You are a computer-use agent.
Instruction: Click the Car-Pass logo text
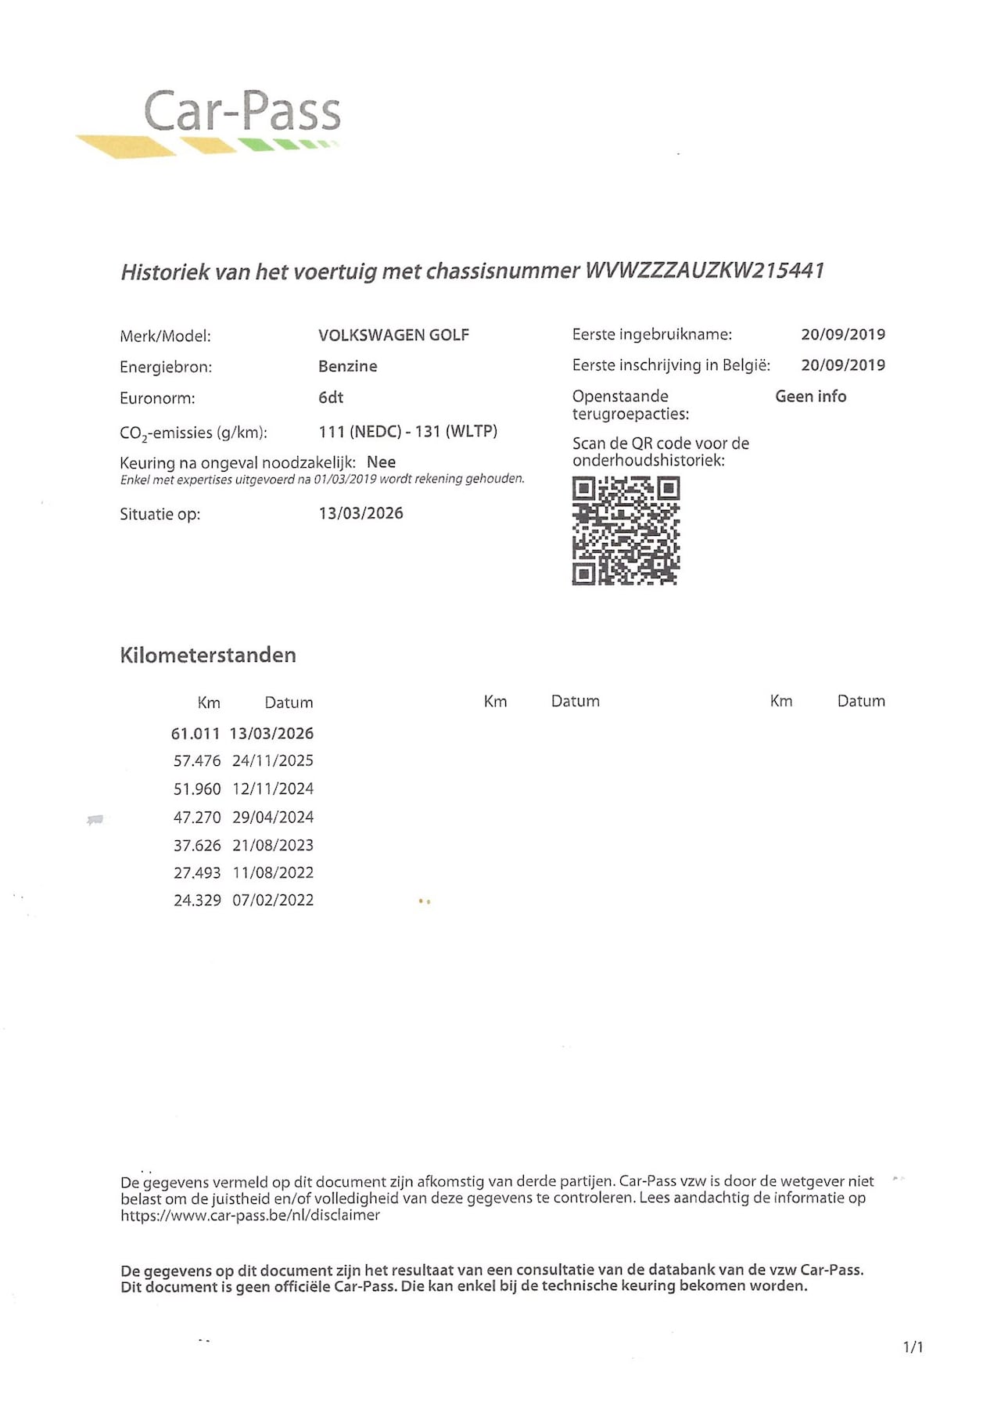pyautogui.click(x=242, y=111)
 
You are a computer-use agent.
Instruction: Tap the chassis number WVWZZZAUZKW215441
pyautogui.click(x=705, y=271)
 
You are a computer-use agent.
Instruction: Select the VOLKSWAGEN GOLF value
pyautogui.click(x=393, y=335)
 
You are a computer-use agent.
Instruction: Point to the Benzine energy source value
pyautogui.click(x=347, y=366)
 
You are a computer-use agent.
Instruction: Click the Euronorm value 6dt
pyautogui.click(x=331, y=397)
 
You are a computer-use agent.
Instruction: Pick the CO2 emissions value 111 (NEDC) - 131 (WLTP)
pyautogui.click(x=407, y=431)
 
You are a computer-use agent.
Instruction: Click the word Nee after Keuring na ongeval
pyautogui.click(x=381, y=462)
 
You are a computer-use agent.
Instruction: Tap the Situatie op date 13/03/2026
pyautogui.click(x=361, y=513)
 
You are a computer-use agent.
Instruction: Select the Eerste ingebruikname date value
pyautogui.click(x=842, y=335)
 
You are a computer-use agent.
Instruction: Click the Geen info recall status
pyautogui.click(x=810, y=397)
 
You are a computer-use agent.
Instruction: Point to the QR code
pyautogui.click(x=626, y=531)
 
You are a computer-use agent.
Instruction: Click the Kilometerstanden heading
pyautogui.click(x=208, y=655)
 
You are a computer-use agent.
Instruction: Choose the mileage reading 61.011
pyautogui.click(x=196, y=734)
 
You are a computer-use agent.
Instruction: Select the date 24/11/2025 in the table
pyautogui.click(x=273, y=760)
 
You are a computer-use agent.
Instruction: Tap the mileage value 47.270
pyautogui.click(x=197, y=817)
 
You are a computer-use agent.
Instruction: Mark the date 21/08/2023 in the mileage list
pyautogui.click(x=273, y=845)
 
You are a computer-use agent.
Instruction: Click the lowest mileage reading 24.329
pyautogui.click(x=197, y=900)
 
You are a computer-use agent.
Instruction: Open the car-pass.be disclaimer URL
pyautogui.click(x=250, y=1215)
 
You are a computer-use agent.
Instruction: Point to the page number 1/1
pyautogui.click(x=913, y=1346)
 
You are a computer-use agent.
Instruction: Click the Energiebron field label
pyautogui.click(x=166, y=367)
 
